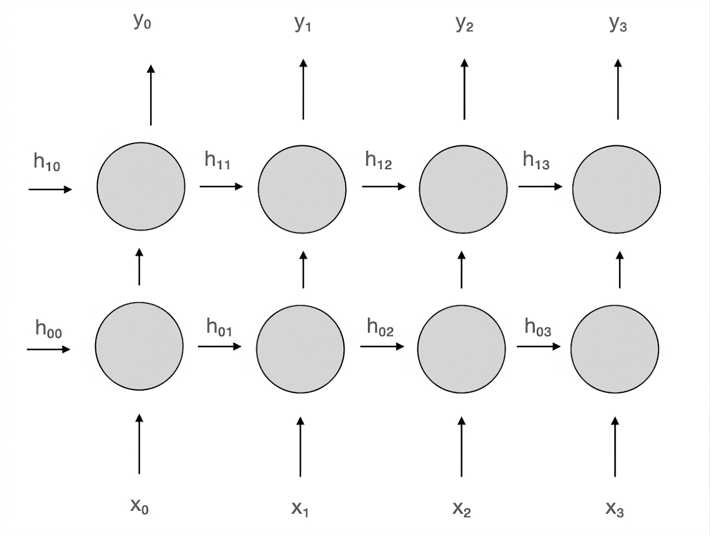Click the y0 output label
(x=142, y=22)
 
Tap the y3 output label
(x=618, y=23)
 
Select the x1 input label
(x=300, y=509)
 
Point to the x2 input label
(x=461, y=509)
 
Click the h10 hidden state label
(x=47, y=162)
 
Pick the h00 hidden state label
(x=48, y=328)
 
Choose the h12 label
(x=378, y=160)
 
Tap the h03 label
(x=538, y=327)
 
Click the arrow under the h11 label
(x=221, y=186)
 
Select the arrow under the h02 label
(x=382, y=346)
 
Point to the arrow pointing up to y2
(x=464, y=89)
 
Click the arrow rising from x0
(x=139, y=444)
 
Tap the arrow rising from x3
(x=615, y=447)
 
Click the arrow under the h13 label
(x=541, y=186)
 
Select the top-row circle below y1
(x=302, y=189)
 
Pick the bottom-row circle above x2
(x=461, y=349)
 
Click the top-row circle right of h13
(x=616, y=189)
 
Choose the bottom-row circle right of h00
(x=139, y=346)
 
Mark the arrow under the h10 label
(x=50, y=189)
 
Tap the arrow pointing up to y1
(x=303, y=89)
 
